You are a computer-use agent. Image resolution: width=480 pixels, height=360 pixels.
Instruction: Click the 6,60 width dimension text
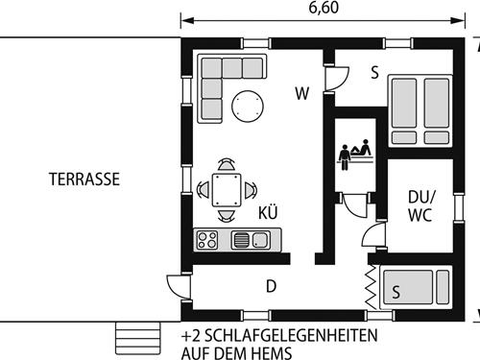pyautogui.click(x=323, y=8)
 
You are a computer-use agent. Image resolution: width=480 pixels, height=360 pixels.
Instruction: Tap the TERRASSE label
pyautogui.click(x=84, y=179)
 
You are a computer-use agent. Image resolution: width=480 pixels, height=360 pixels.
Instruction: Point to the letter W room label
pyautogui.click(x=302, y=94)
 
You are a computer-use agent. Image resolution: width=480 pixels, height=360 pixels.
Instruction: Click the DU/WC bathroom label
pyautogui.click(x=420, y=205)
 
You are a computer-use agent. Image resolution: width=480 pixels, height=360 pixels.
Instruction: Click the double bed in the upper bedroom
pyautogui.click(x=418, y=110)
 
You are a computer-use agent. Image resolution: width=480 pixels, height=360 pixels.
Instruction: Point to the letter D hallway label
pyautogui.click(x=271, y=285)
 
